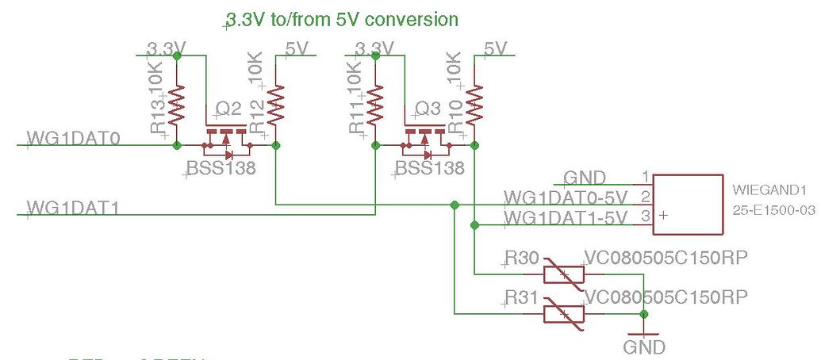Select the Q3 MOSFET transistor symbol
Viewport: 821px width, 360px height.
tap(425, 139)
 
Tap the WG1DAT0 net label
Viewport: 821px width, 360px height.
tap(73, 140)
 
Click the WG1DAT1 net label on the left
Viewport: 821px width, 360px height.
tap(73, 209)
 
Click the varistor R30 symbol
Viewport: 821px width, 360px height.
tap(564, 274)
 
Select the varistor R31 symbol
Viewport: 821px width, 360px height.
tap(564, 314)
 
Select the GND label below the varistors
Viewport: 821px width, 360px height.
tap(644, 347)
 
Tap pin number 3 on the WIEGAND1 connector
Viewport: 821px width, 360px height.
tap(646, 216)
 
